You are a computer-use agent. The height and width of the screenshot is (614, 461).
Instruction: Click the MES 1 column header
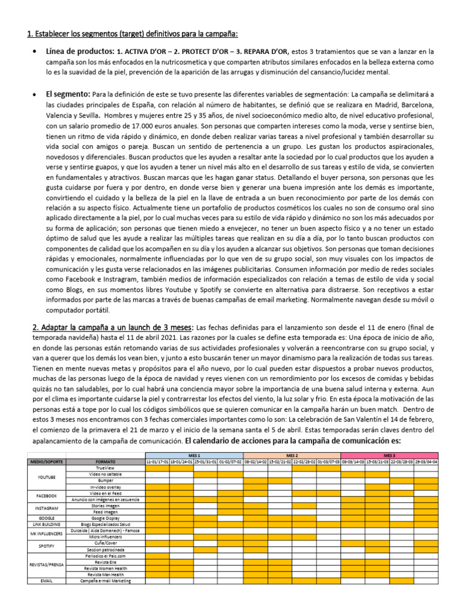point(194,455)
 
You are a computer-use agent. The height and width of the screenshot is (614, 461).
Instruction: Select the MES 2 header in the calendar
point(292,455)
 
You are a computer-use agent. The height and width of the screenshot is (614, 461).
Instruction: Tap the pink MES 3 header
point(390,455)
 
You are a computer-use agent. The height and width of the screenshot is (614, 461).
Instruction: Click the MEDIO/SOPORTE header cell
point(47,462)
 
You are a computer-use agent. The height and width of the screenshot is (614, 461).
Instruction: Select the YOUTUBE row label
point(47,477)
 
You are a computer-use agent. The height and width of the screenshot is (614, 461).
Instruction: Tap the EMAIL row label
point(47,580)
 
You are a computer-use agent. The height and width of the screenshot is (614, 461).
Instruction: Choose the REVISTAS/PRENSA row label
point(47,565)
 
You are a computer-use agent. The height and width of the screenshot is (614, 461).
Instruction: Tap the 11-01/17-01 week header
point(157,462)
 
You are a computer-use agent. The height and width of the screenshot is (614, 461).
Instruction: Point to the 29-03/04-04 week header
point(426,462)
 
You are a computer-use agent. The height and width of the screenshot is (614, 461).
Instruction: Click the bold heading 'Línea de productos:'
point(79,51)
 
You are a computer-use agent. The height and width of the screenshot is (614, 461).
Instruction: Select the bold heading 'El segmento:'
point(68,94)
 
